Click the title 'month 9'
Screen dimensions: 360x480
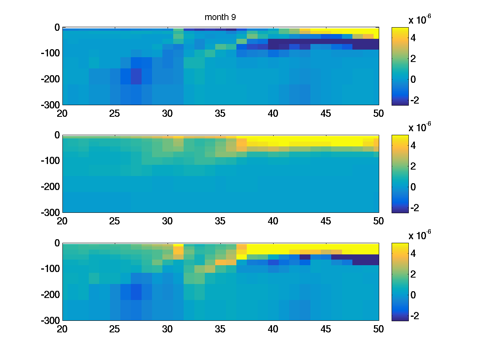pyautogui.click(x=218, y=17)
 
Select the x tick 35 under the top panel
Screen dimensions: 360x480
pyautogui.click(x=220, y=114)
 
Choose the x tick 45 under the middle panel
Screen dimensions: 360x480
pyautogui.click(x=326, y=221)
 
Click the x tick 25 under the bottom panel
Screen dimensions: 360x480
pyautogui.click(x=115, y=329)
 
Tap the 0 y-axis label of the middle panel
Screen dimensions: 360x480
pyautogui.click(x=57, y=135)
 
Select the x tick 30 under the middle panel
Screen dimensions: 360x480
pyautogui.click(x=168, y=221)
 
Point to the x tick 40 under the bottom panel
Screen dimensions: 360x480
pyautogui.click(x=273, y=329)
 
